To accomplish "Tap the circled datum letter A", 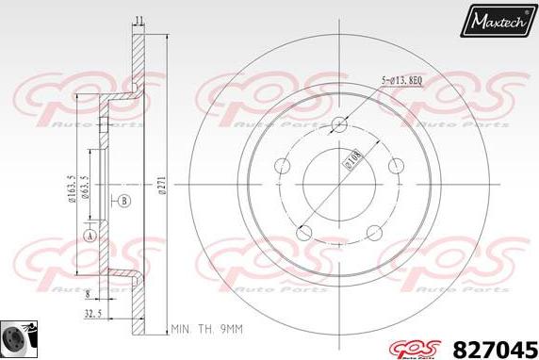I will coord(90,235).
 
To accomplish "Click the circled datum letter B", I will coord(124,200).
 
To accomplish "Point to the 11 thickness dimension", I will coord(139,20).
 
